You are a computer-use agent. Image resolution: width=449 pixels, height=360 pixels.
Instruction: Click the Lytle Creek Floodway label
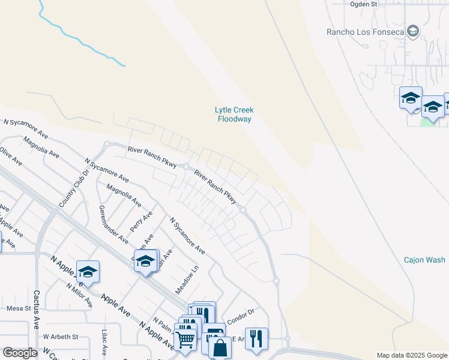pos(234,114)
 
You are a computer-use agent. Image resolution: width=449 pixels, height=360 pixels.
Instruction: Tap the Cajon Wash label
pos(424,260)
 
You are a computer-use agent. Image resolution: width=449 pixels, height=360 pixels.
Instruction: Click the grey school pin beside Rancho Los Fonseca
pos(412,31)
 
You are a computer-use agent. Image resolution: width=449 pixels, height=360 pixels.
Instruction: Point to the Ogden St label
pos(363,4)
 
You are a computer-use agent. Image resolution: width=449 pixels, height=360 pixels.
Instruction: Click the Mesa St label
pos(18,308)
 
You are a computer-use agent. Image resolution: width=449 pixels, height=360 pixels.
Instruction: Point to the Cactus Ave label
pos(37,310)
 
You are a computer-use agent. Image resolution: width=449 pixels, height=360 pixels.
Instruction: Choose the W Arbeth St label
pos(61,337)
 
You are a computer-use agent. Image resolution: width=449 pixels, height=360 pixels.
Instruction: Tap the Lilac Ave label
pos(104,342)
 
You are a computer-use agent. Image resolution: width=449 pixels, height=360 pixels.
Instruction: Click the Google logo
pos(20,353)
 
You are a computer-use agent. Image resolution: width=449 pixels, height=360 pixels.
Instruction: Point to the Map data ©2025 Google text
pos(411,355)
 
